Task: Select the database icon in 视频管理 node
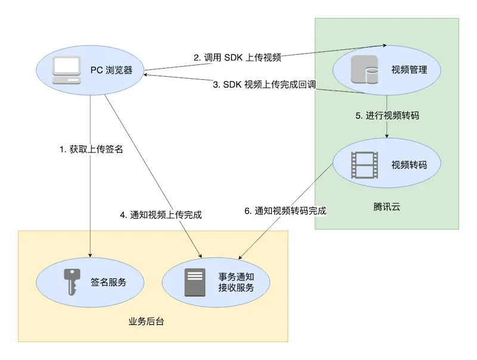tap(364, 70)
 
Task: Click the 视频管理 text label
tap(409, 70)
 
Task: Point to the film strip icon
tap(364, 165)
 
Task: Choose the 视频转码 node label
tap(409, 165)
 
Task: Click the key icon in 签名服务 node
tap(71, 282)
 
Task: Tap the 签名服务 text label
tap(109, 282)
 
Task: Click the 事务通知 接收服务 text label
tap(237, 282)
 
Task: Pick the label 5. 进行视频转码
tap(388, 116)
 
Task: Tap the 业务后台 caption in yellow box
tap(146, 321)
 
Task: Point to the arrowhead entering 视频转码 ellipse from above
tap(388, 135)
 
